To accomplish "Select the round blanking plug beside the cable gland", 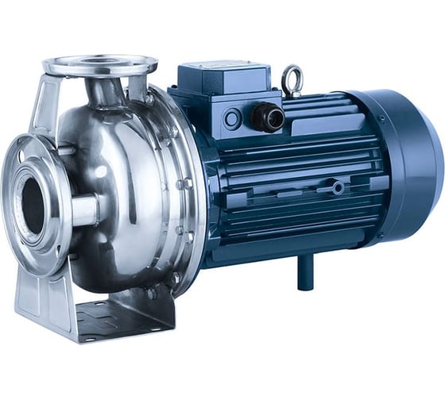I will click(x=233, y=119).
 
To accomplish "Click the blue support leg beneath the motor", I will click(x=304, y=274).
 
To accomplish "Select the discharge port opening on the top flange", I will click(x=99, y=60).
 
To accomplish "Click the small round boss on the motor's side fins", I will click(x=338, y=188).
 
